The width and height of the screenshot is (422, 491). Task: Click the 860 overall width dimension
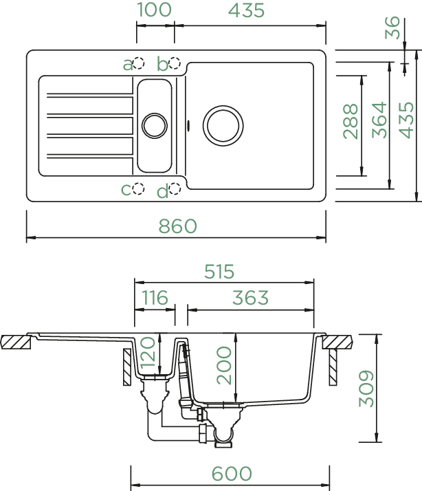pyautogui.click(x=177, y=226)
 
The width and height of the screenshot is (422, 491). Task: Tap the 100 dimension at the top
pyautogui.click(x=155, y=10)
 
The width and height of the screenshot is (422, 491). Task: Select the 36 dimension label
pyautogui.click(x=392, y=28)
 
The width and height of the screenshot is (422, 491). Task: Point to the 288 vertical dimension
pyautogui.click(x=351, y=121)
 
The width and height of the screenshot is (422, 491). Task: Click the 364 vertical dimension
pyautogui.click(x=379, y=120)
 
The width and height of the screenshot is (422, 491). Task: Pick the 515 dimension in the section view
pyautogui.click(x=219, y=272)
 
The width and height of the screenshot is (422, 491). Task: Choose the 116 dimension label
pyautogui.click(x=155, y=298)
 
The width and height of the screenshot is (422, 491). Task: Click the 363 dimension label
pyautogui.click(x=250, y=298)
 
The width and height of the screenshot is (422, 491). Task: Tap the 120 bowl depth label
pyautogui.click(x=148, y=352)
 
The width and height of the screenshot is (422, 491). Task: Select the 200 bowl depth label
pyautogui.click(x=224, y=365)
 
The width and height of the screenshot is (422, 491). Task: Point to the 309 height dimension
pyautogui.click(x=366, y=389)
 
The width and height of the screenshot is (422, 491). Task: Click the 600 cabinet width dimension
pyautogui.click(x=232, y=473)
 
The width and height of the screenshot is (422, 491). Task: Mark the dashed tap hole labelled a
pyautogui.click(x=138, y=63)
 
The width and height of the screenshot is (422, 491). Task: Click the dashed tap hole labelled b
pyautogui.click(x=175, y=63)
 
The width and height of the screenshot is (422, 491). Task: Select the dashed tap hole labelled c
pyautogui.click(x=138, y=188)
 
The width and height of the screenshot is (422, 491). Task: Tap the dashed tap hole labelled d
pyautogui.click(x=175, y=188)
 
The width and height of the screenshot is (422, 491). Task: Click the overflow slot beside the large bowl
pyautogui.click(x=188, y=125)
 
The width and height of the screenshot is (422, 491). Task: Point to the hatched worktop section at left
pyautogui.click(x=16, y=342)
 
